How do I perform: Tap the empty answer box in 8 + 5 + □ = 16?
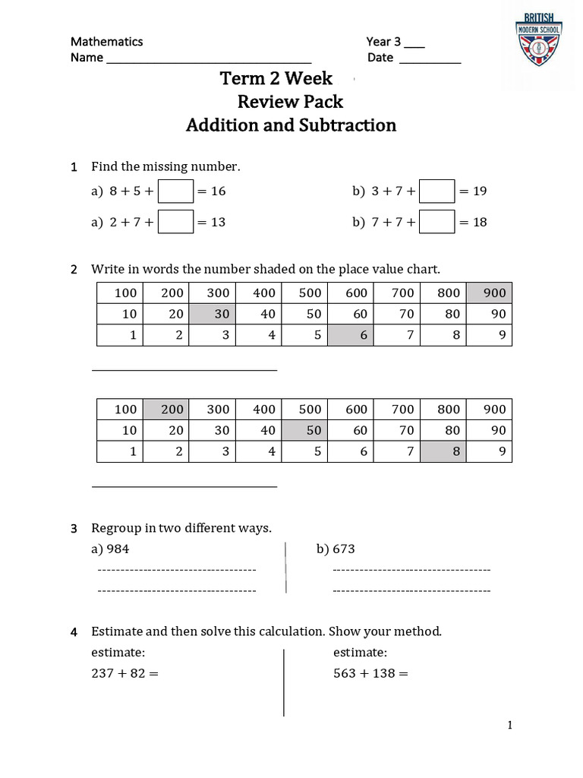(x=175, y=191)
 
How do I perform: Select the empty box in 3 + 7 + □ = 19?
(x=437, y=191)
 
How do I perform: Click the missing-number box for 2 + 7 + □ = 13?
(x=175, y=223)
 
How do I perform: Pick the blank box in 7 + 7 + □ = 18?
(x=437, y=223)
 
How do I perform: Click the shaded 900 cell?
(x=489, y=293)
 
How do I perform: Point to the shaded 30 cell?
(x=212, y=314)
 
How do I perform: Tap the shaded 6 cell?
(x=350, y=335)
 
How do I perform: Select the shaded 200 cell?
(x=166, y=410)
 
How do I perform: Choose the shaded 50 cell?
(x=304, y=430)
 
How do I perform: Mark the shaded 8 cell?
(x=443, y=451)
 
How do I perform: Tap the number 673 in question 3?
(x=343, y=549)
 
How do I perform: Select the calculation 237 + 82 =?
(x=124, y=673)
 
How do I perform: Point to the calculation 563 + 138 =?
(x=371, y=673)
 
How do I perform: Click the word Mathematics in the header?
(x=106, y=42)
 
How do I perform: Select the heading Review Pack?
(x=290, y=102)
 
